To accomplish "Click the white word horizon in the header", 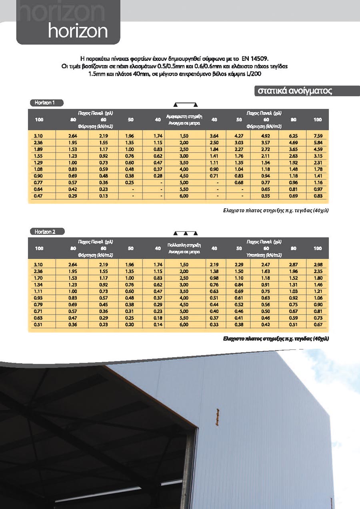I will click(x=78, y=31).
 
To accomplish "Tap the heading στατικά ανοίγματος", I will click(x=294, y=91).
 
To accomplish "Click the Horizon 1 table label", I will click(x=45, y=103).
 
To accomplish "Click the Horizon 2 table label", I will click(x=45, y=232).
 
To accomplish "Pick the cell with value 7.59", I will click(x=318, y=136).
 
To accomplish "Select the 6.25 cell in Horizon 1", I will click(x=294, y=136).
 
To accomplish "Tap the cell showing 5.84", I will click(x=318, y=142).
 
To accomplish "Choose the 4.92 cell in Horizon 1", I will click(x=266, y=136).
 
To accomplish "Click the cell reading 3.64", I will click(x=214, y=136).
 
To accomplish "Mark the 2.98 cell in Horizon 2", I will click(x=318, y=264).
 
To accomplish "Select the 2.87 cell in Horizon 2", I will click(x=294, y=264).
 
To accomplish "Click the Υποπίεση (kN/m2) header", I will click(x=266, y=255).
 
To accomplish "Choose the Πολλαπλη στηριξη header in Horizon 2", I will click(x=184, y=245).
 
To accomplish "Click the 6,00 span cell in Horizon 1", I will click(x=184, y=196).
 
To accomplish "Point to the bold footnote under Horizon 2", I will click(x=276, y=338).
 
